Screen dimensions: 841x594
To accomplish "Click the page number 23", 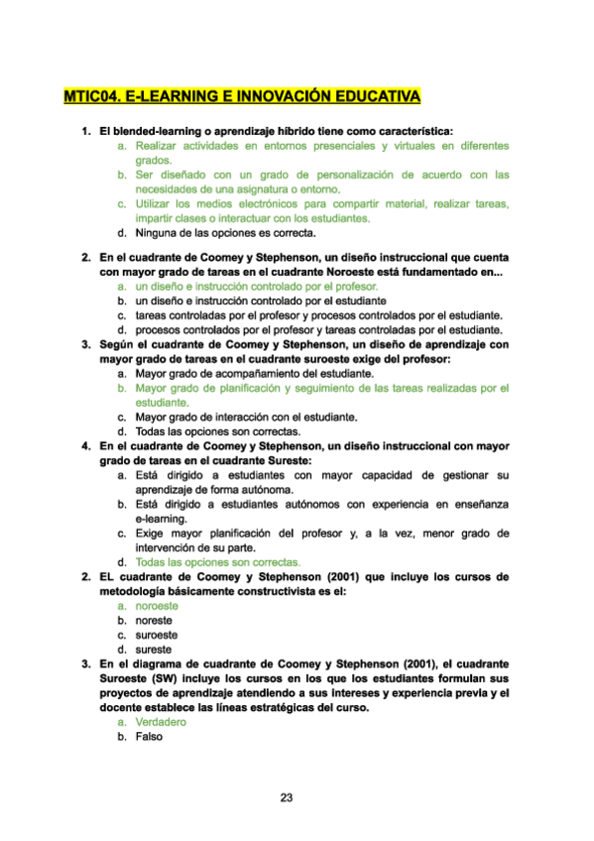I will (287, 797).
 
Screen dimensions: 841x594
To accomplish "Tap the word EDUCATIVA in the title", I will (373, 97).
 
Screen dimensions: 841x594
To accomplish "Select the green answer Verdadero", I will (161, 722).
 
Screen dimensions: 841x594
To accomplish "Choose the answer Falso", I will (149, 737).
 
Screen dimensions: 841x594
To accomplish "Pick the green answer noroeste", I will (157, 605).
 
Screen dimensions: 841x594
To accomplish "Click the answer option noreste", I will (155, 620).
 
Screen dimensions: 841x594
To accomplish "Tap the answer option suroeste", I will (157, 635).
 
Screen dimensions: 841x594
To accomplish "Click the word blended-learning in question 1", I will (153, 131).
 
